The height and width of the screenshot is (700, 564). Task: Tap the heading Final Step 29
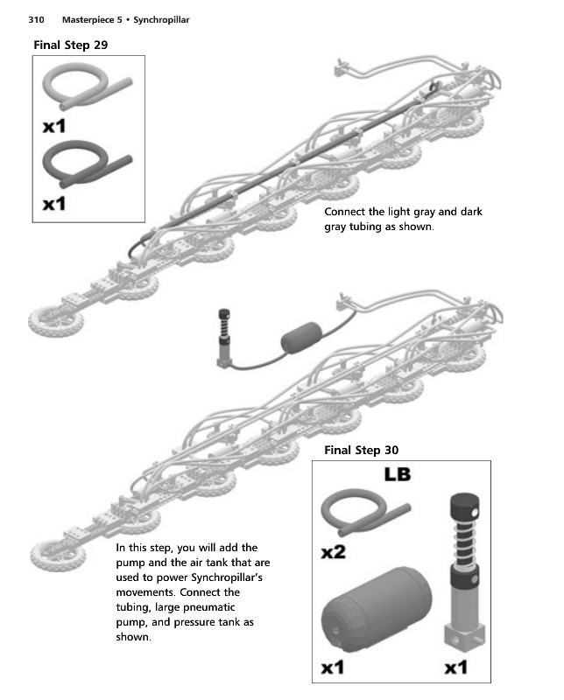tap(71, 45)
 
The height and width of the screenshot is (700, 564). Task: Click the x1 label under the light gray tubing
tap(54, 127)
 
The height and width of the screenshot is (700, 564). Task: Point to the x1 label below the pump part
tap(457, 668)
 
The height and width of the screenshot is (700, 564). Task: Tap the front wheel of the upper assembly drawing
tap(49, 320)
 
